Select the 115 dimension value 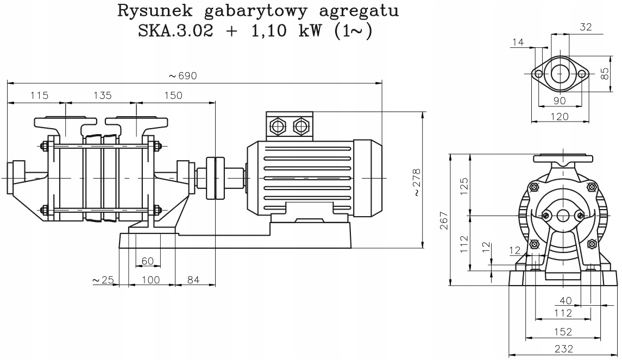[39, 96]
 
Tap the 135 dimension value [102, 96]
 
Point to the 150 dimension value [173, 96]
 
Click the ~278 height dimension [416, 182]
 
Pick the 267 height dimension [444, 220]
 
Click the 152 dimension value [562, 331]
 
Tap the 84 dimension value [194, 280]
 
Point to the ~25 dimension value [103, 280]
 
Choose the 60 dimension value [148, 261]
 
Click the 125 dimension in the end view [463, 186]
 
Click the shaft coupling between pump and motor [215, 178]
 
